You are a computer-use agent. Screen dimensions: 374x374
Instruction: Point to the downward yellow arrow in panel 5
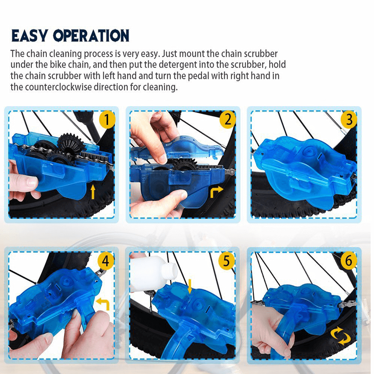[x=189, y=286]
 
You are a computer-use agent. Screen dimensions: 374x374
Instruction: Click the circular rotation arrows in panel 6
[x=341, y=336]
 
